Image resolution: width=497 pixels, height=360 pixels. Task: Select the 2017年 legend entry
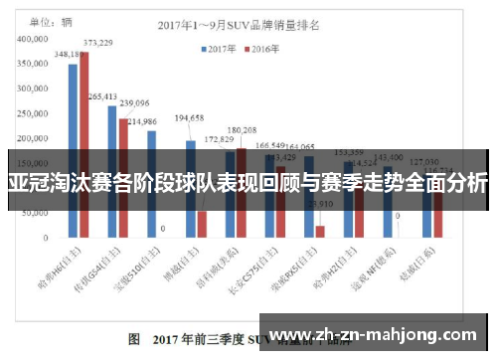[221, 47]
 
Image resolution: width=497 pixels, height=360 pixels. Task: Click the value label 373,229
[97, 43]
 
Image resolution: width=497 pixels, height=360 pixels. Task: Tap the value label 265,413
[102, 96]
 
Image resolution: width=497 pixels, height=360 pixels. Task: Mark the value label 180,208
[242, 130]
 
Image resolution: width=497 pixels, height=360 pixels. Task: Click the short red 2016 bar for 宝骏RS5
[320, 232]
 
